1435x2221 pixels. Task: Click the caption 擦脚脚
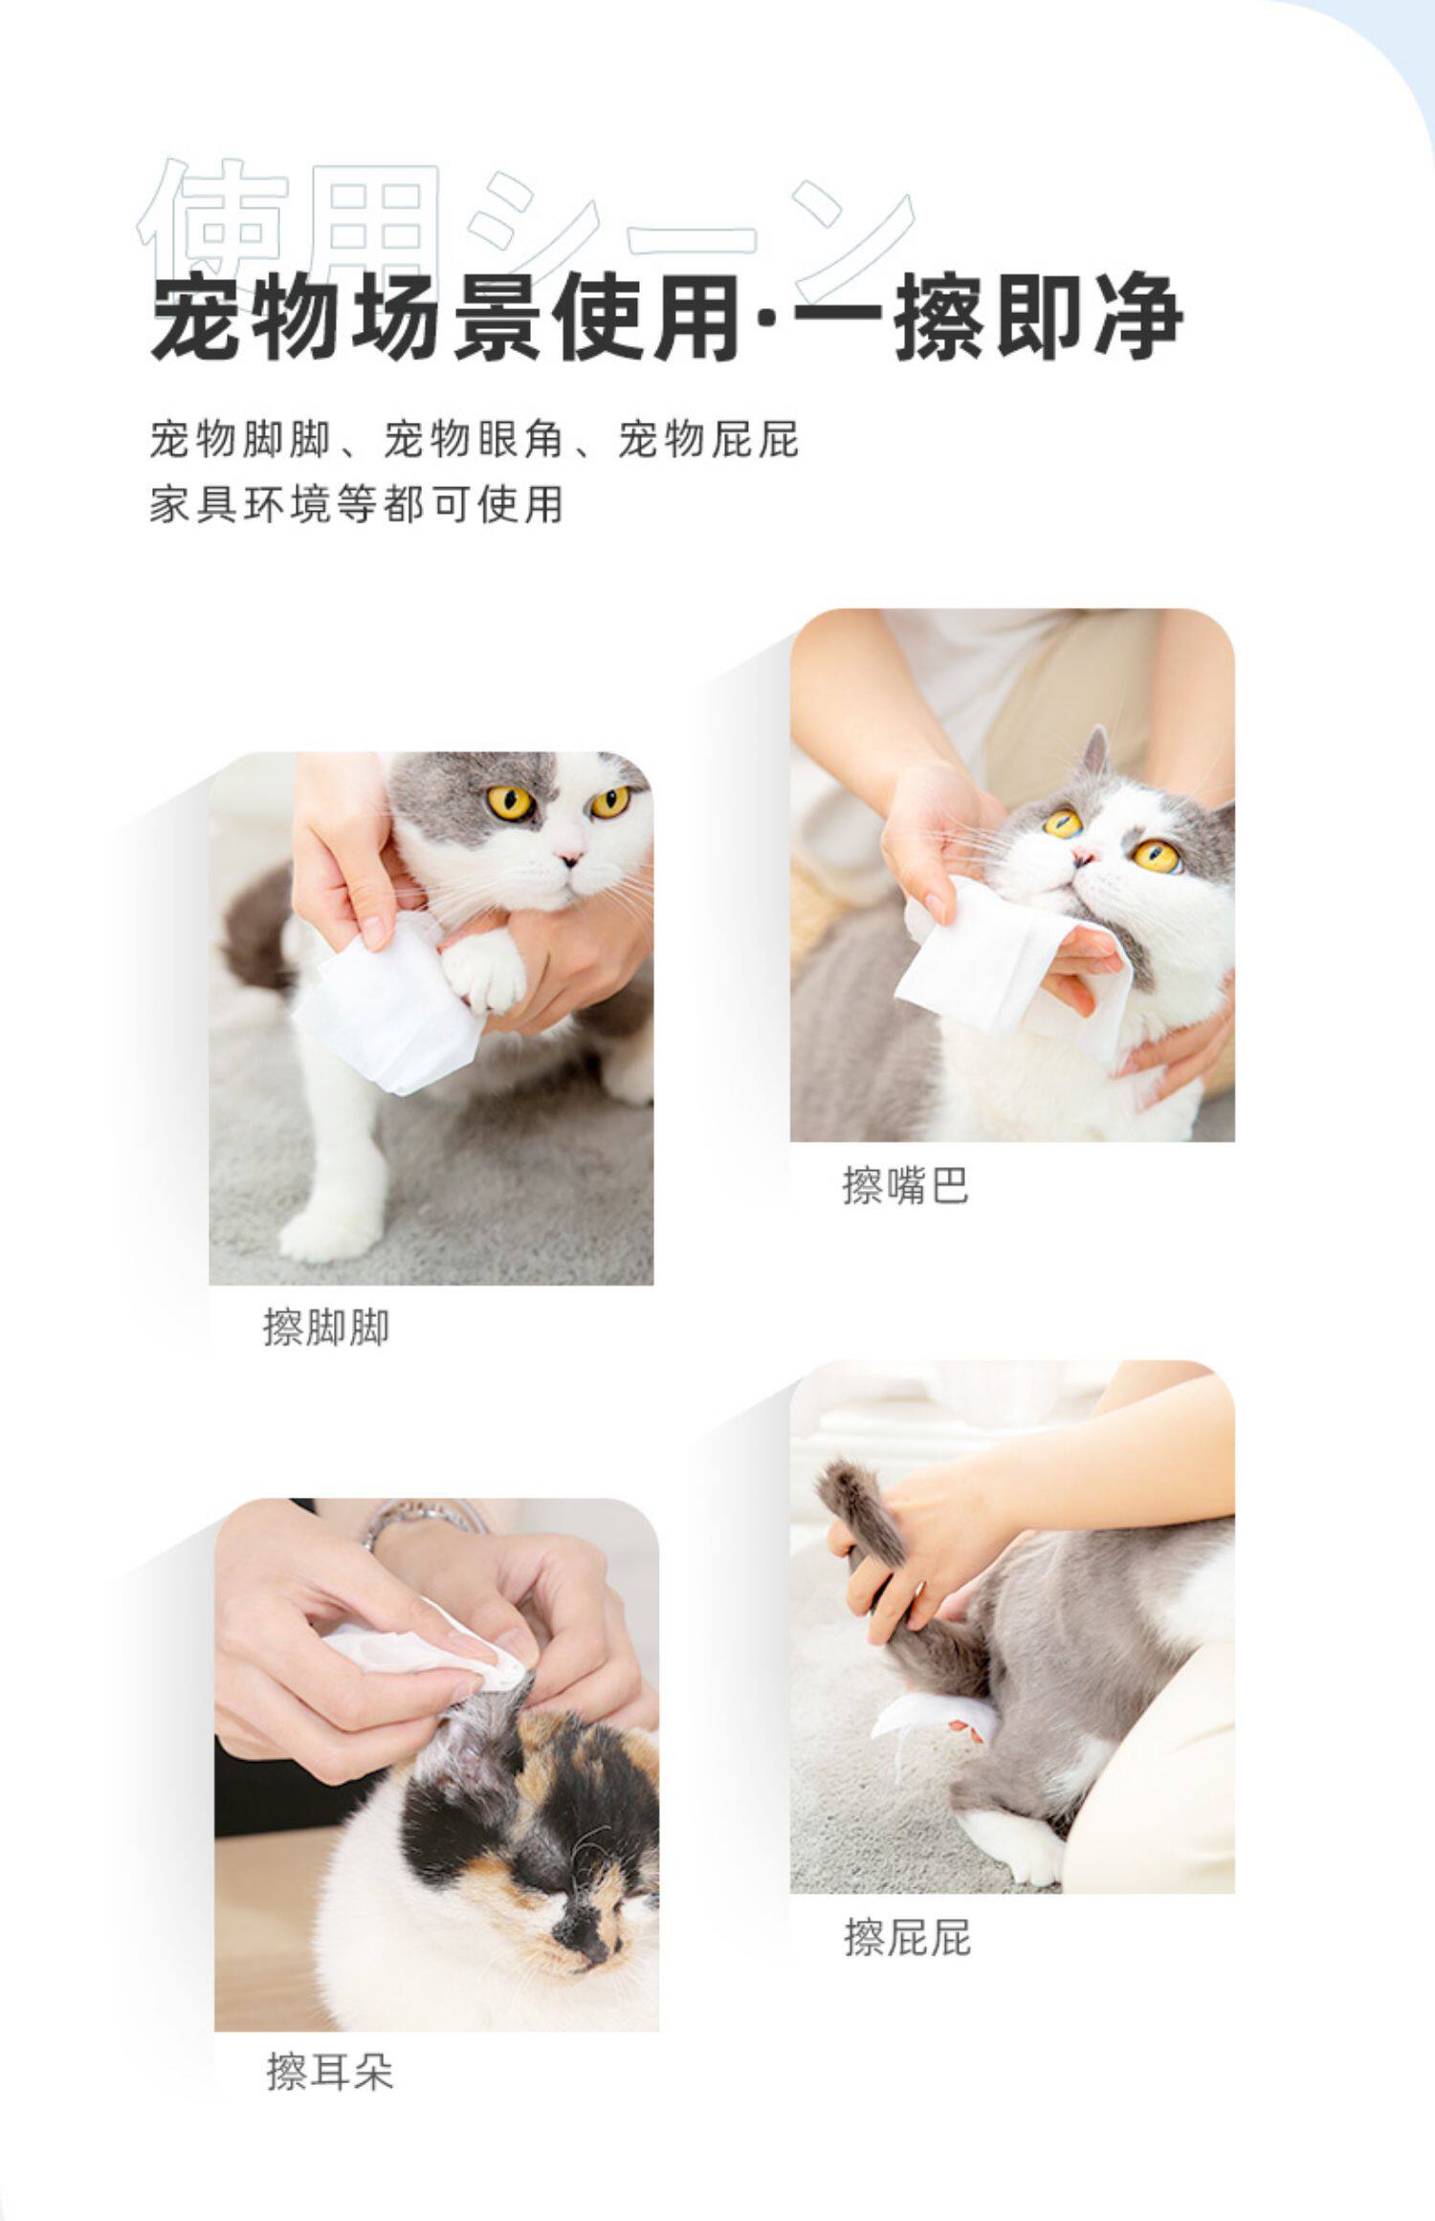326,1328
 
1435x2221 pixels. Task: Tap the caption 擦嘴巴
905,1186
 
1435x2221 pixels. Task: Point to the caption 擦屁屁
907,1938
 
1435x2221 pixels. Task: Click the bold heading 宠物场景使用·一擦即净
667,318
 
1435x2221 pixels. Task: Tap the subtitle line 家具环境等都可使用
356,504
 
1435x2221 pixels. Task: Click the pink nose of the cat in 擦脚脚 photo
569,857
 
